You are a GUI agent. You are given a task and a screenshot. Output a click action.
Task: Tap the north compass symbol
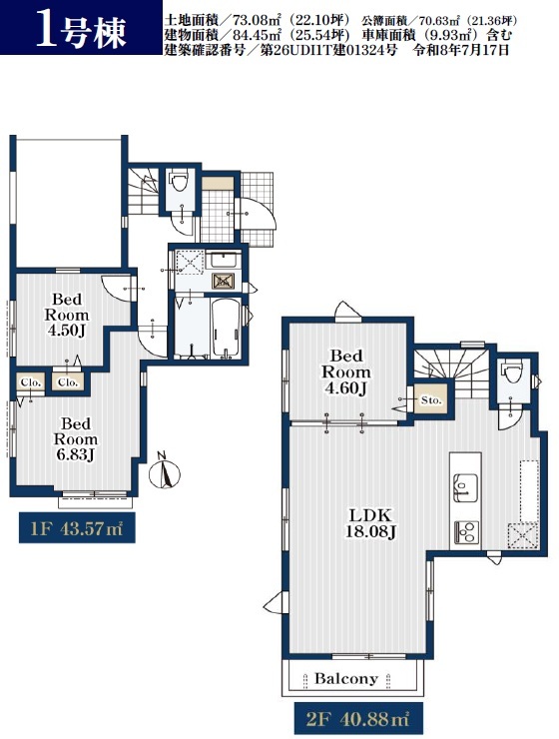(x=165, y=471)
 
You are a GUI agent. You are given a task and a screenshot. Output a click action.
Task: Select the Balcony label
(x=346, y=679)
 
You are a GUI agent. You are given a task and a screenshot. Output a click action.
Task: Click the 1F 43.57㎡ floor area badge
(x=77, y=528)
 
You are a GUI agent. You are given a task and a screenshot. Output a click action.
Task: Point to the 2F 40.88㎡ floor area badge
(x=358, y=720)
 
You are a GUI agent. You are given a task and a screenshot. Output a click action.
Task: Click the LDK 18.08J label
(x=370, y=523)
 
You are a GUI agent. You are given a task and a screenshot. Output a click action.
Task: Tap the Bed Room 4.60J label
(x=345, y=372)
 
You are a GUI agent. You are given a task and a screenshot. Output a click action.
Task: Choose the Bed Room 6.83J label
(x=75, y=439)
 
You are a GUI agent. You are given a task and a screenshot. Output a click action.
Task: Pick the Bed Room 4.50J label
(x=67, y=315)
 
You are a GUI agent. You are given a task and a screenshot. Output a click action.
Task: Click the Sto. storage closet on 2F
(x=430, y=400)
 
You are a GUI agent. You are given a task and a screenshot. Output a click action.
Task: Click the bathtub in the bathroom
(x=226, y=327)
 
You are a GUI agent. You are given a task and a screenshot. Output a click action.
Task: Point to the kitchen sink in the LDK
(x=465, y=487)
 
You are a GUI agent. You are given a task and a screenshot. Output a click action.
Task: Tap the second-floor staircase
(x=451, y=364)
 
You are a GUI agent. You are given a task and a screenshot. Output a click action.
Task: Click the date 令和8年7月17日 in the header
(x=461, y=50)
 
